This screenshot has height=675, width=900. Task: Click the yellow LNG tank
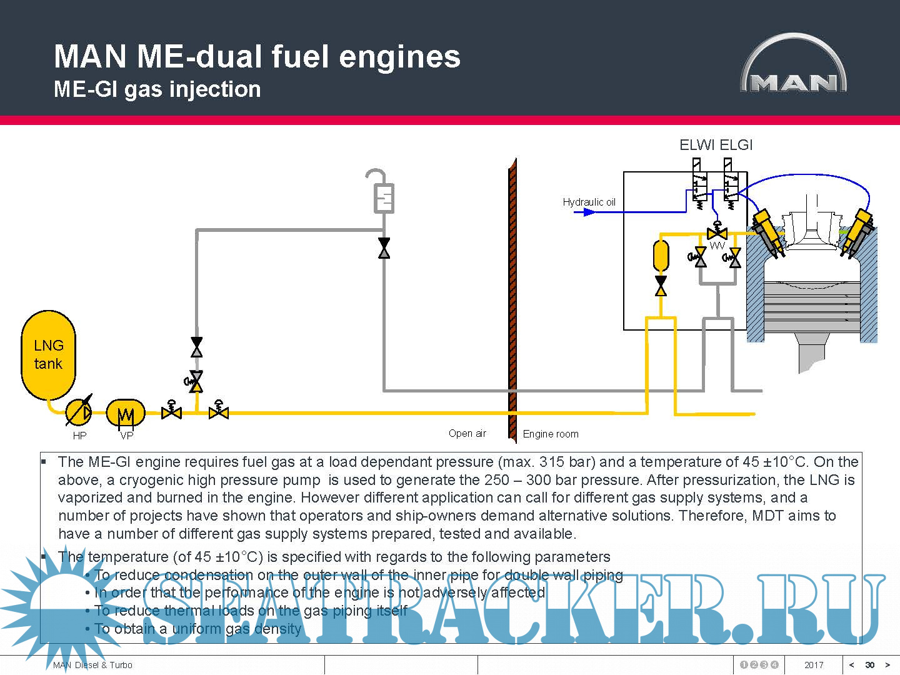pyautogui.click(x=48, y=355)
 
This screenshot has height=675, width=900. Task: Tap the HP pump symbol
pyautogui.click(x=79, y=412)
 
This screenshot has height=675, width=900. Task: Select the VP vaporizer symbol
pyautogui.click(x=126, y=413)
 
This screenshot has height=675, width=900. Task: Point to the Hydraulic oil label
pyautogui.click(x=589, y=202)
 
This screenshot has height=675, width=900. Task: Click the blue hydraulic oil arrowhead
pyautogui.click(x=589, y=212)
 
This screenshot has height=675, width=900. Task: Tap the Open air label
pyautogui.click(x=467, y=433)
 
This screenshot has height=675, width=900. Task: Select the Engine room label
pyautogui.click(x=551, y=434)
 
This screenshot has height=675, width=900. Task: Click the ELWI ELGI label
pyautogui.click(x=716, y=145)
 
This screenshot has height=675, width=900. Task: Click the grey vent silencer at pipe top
pyautogui.click(x=384, y=197)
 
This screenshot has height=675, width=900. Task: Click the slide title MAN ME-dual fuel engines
pyautogui.click(x=257, y=56)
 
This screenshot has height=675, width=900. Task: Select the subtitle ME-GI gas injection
pyautogui.click(x=157, y=89)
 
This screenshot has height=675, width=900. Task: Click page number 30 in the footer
pyautogui.click(x=869, y=665)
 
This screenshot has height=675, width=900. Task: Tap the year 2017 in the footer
pyautogui.click(x=814, y=665)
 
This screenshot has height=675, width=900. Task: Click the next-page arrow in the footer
pyautogui.click(x=887, y=665)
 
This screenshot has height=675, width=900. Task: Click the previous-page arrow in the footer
pyautogui.click(x=851, y=665)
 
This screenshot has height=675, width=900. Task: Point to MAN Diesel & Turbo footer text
pyautogui.click(x=92, y=665)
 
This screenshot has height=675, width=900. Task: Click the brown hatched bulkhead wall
pyautogui.click(x=512, y=300)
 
